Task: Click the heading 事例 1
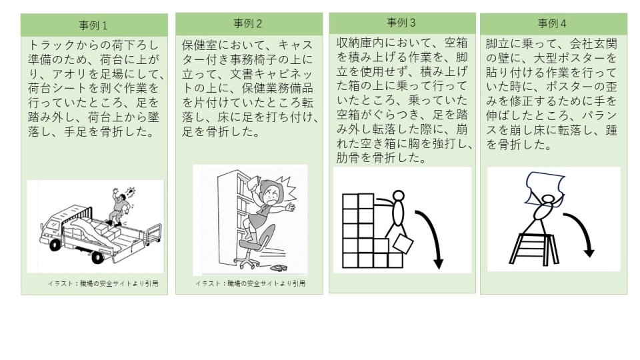(93, 26)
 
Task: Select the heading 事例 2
(248, 24)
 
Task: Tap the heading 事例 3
(401, 23)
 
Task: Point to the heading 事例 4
(552, 23)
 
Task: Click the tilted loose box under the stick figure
(403, 244)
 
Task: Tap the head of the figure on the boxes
(399, 196)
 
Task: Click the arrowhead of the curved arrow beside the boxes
(439, 264)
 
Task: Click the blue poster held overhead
(545, 187)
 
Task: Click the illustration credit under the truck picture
(103, 283)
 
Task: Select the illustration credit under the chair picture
(250, 283)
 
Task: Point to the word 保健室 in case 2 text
(199, 45)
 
